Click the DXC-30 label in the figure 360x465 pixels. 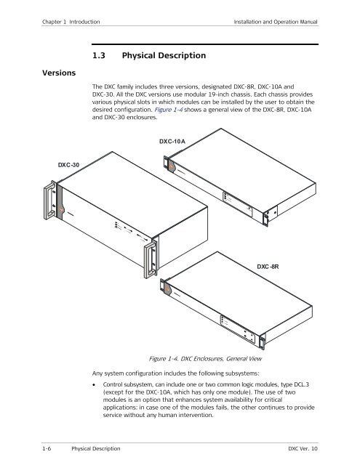point(68,165)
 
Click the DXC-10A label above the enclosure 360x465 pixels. point(172,141)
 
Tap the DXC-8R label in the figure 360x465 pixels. point(268,267)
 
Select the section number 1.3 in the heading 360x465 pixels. point(99,55)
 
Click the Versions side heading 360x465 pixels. point(59,73)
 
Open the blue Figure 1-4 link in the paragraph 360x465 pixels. point(168,110)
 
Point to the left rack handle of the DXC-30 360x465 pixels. point(49,201)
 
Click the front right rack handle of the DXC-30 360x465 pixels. point(150,260)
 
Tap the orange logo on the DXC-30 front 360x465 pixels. point(61,210)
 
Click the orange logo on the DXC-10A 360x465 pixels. point(171,167)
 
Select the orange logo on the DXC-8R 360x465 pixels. point(167,288)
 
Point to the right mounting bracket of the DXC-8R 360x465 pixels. point(262,343)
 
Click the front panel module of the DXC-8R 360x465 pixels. point(238,329)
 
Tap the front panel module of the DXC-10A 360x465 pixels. point(238,205)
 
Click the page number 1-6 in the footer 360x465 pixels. point(47,448)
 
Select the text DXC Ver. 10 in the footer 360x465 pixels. point(303,448)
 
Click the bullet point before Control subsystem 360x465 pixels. point(94,385)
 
